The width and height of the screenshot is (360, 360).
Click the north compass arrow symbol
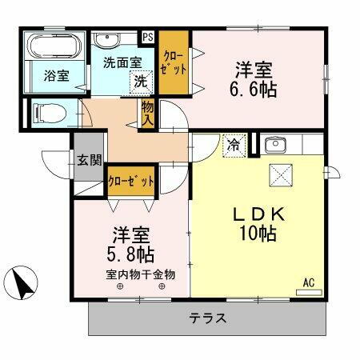coord(25,282)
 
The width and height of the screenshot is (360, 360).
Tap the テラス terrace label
coord(207,318)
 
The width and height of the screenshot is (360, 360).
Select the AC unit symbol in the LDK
coord(307,290)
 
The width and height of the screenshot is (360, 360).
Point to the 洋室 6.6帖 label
coord(255,78)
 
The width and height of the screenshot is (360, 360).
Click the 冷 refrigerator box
coord(232,146)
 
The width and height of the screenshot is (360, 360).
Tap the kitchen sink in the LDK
coord(275,146)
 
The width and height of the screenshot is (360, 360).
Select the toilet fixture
coord(50,113)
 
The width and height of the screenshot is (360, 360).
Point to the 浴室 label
coord(55,75)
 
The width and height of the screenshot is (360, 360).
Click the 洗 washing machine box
coord(141,80)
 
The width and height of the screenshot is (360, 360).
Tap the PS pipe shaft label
coord(147,37)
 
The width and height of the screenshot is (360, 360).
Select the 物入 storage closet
coord(148,113)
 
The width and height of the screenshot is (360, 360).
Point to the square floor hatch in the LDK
coord(282,174)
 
